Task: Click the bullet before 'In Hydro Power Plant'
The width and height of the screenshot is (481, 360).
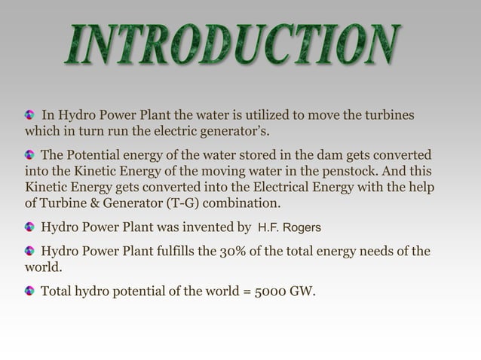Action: coord(30,115)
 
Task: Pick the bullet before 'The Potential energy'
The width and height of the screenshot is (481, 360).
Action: coord(30,154)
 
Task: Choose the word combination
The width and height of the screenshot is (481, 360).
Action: coord(242,203)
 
